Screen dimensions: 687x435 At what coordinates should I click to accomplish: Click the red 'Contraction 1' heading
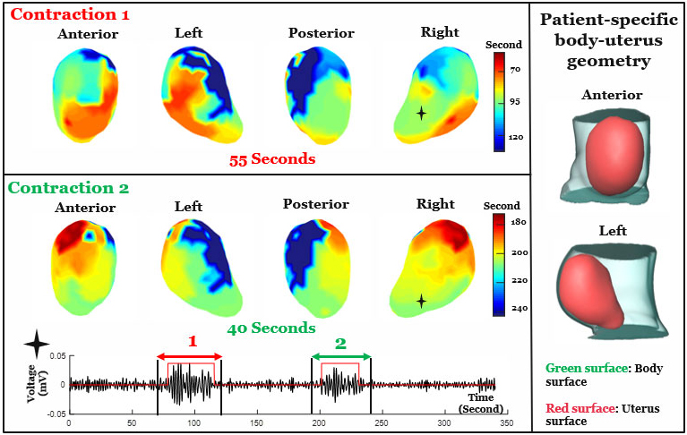pos(70,14)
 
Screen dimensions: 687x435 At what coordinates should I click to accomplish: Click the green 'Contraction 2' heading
pos(68,188)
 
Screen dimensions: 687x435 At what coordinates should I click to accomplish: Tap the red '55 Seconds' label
pos(272,158)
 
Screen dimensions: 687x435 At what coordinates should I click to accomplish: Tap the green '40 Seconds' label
pos(271,328)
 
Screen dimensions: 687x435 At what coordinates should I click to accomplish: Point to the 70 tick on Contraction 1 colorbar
pos(515,69)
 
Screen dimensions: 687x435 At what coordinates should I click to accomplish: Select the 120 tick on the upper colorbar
pos(516,137)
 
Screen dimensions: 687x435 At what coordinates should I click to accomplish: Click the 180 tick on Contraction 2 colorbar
pos(519,222)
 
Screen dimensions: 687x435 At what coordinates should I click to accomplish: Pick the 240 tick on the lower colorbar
pos(520,308)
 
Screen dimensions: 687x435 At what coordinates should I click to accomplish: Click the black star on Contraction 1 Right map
pos(421,114)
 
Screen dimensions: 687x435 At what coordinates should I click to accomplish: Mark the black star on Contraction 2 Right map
pos(421,301)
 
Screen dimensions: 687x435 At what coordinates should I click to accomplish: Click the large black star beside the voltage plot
pos(37,343)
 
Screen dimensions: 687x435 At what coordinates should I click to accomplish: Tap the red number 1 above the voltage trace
pos(193,341)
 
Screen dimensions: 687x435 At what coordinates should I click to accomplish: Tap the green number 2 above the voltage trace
pos(340,344)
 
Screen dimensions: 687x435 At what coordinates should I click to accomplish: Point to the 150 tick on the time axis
pos(257,422)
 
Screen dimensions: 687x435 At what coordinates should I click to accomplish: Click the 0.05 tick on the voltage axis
pos(57,356)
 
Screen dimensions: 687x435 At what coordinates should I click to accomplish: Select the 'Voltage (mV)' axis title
pos(37,384)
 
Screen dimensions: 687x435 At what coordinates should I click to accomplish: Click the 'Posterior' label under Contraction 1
pos(322,33)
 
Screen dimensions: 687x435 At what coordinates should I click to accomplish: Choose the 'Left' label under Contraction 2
pos(188,206)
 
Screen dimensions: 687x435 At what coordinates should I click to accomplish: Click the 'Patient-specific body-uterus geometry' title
pos(608,40)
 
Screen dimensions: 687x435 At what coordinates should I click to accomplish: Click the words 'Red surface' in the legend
pos(580,408)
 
